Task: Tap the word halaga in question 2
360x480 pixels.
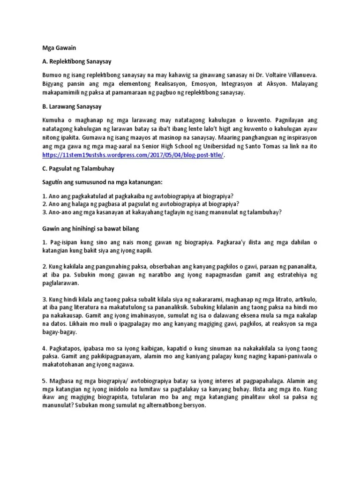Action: point(81,204)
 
